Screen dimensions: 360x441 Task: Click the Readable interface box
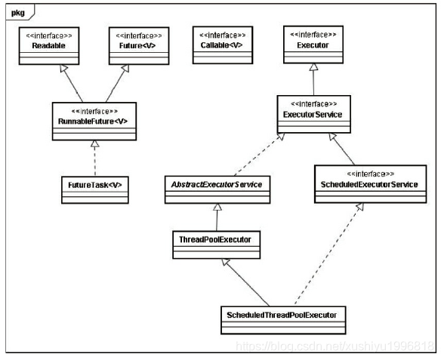click(49, 45)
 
